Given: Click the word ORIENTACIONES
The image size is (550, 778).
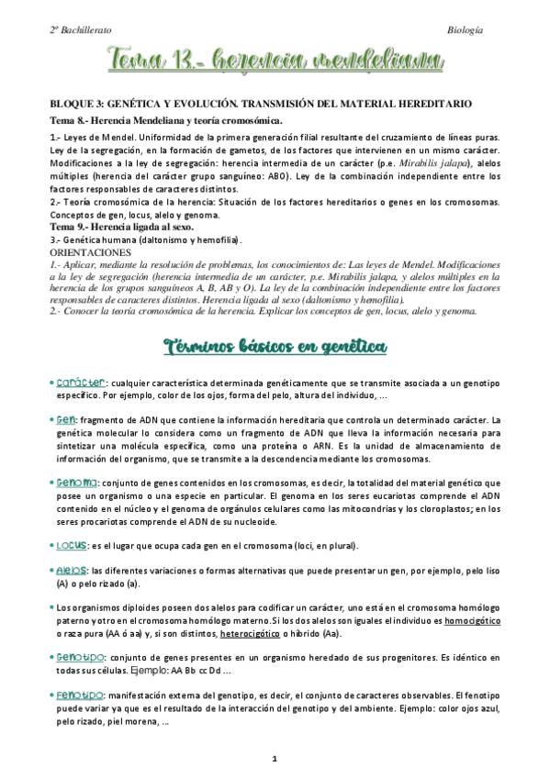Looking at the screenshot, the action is point(90,250).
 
